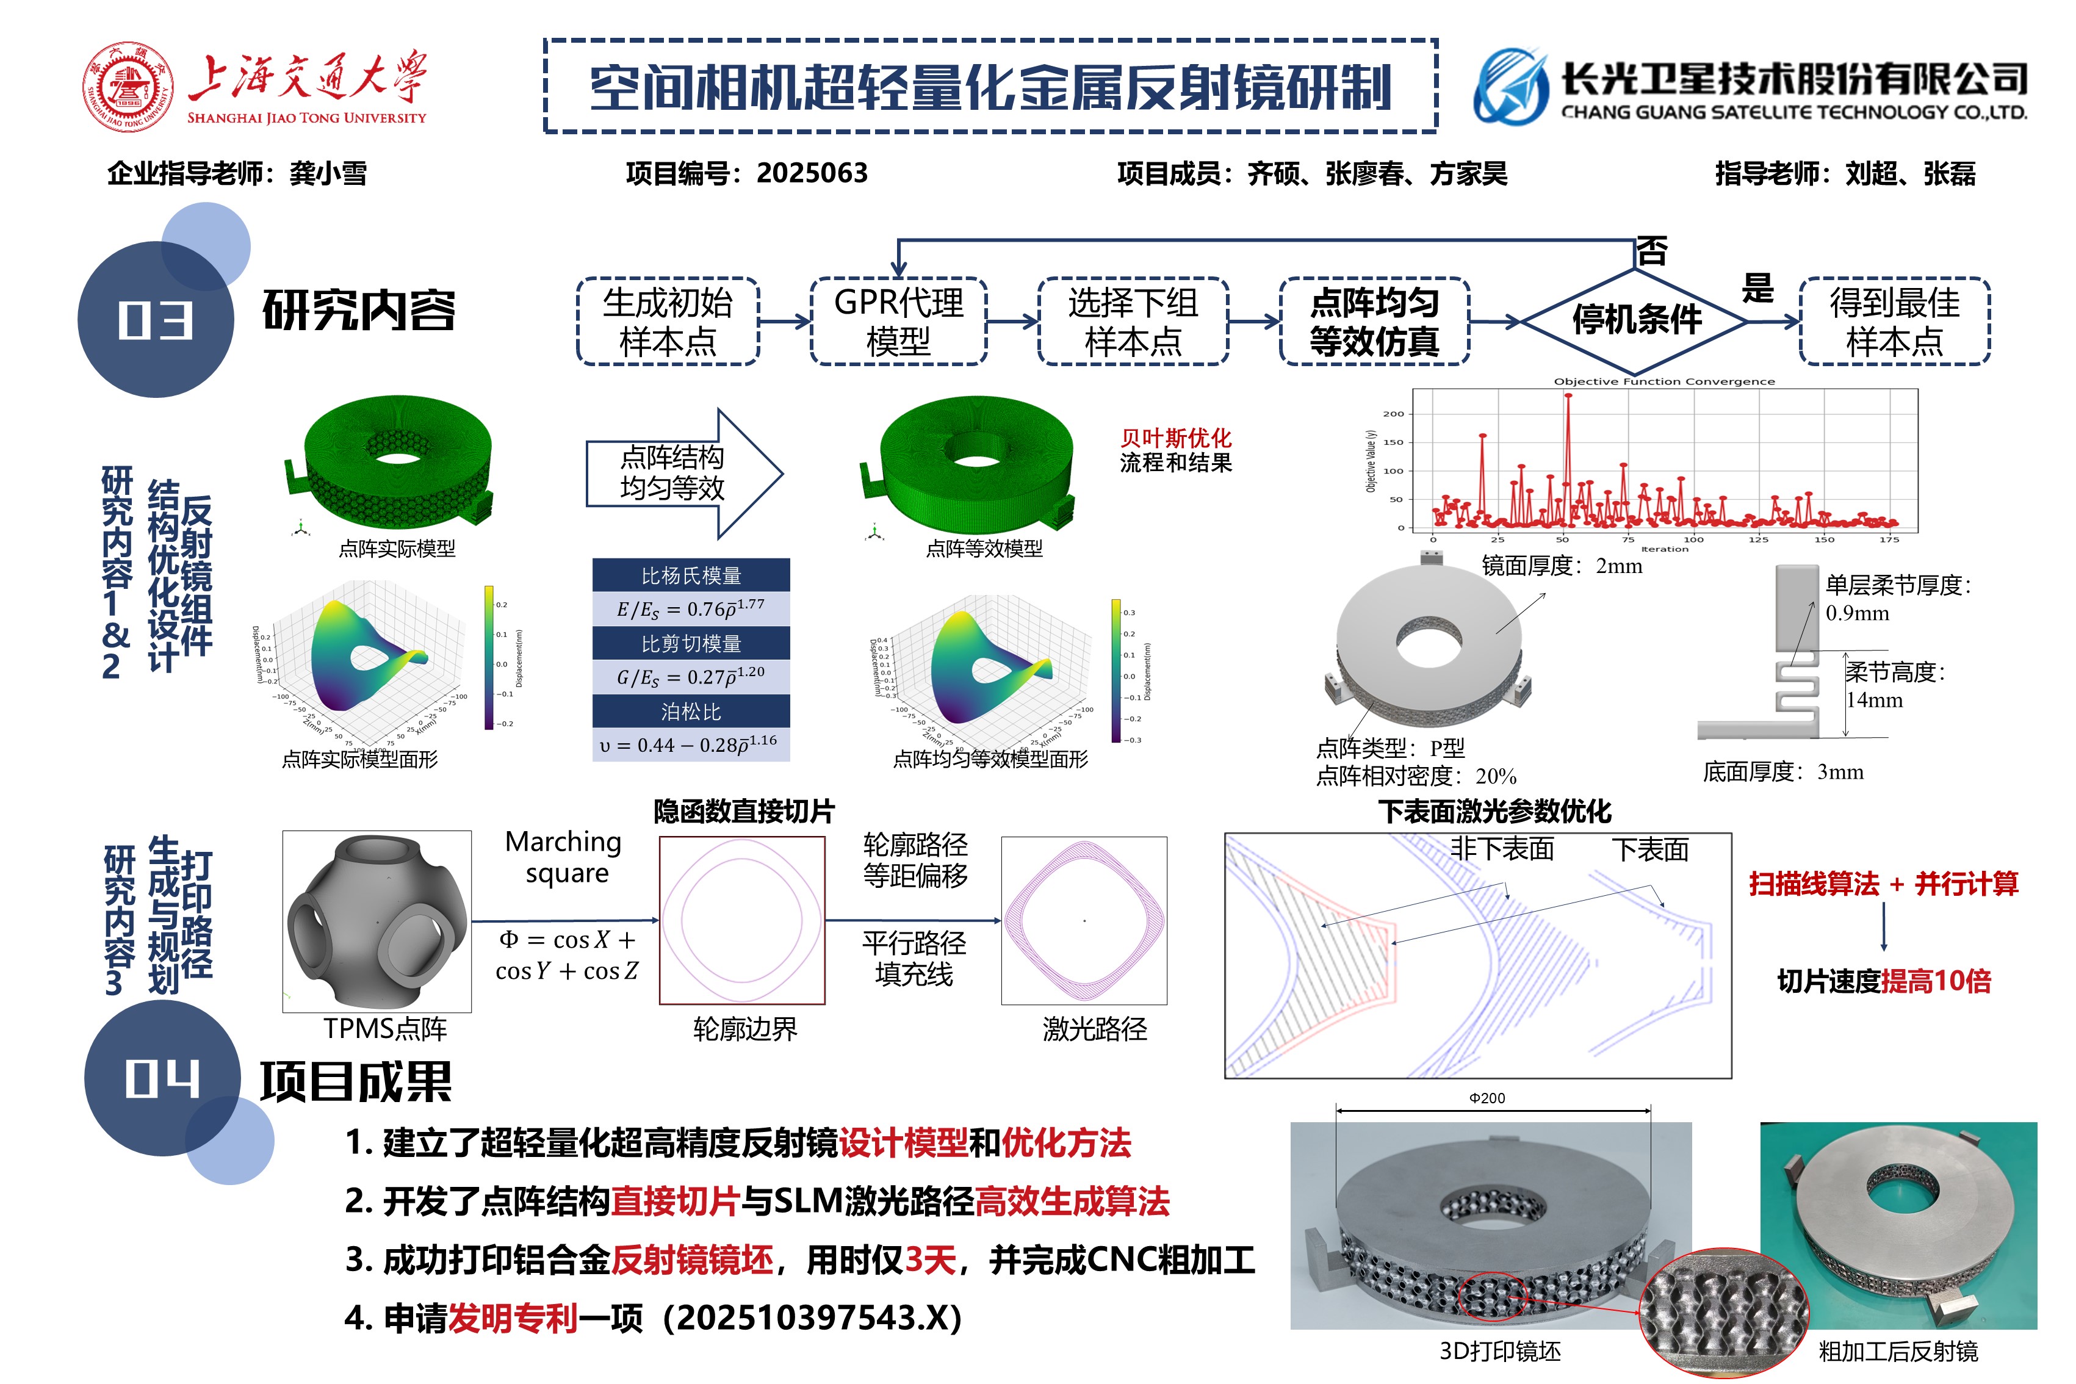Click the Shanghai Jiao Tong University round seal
tap(128, 87)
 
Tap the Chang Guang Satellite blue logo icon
tap(1510, 87)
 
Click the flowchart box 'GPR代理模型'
tap(898, 321)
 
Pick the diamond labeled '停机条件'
tap(1635, 320)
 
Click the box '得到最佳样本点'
tap(1894, 321)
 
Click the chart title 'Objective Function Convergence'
tap(1664, 381)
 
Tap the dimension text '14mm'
tap(1874, 700)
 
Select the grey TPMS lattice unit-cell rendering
tap(377, 921)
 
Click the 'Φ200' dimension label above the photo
tap(1487, 1098)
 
